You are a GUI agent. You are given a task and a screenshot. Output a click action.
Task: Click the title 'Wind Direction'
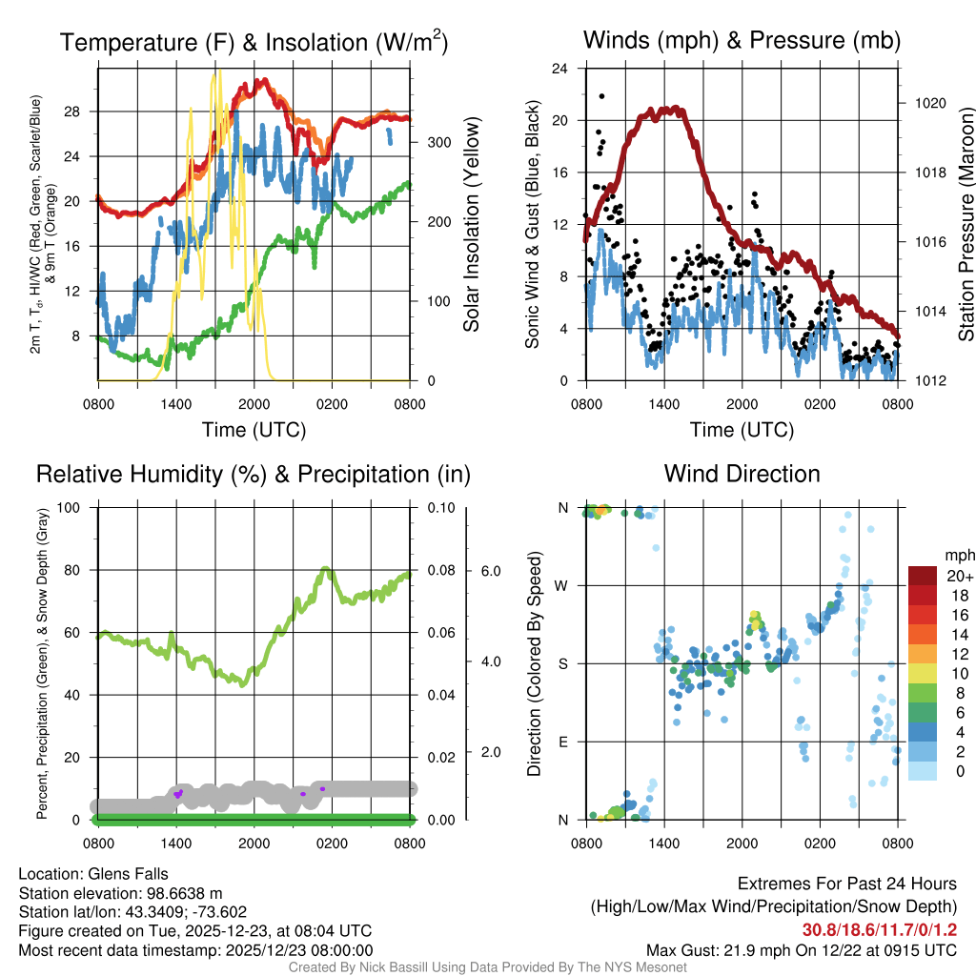click(742, 474)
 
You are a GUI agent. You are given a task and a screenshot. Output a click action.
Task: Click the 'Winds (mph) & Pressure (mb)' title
click(742, 41)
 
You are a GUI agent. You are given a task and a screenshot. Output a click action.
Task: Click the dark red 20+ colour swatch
click(925, 576)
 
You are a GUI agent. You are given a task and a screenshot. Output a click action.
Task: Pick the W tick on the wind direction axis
click(562, 585)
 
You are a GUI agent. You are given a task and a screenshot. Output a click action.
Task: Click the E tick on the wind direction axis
click(563, 742)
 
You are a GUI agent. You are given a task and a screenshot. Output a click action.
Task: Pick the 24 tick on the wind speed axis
click(560, 69)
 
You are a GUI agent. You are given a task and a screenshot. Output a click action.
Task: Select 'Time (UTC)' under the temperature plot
click(254, 430)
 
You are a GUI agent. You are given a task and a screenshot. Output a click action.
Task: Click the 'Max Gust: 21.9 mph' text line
click(801, 949)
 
